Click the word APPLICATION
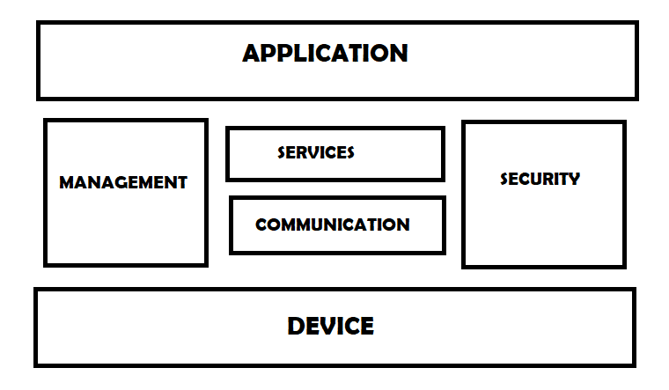(x=325, y=53)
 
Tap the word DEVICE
(x=330, y=327)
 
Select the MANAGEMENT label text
(x=123, y=183)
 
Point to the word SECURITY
(x=540, y=179)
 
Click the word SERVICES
(x=316, y=152)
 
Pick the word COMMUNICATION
(x=332, y=224)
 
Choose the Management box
(x=125, y=229)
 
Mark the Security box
(x=543, y=229)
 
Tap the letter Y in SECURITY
(x=574, y=179)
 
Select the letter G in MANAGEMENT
(x=124, y=183)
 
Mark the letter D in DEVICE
(x=298, y=327)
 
